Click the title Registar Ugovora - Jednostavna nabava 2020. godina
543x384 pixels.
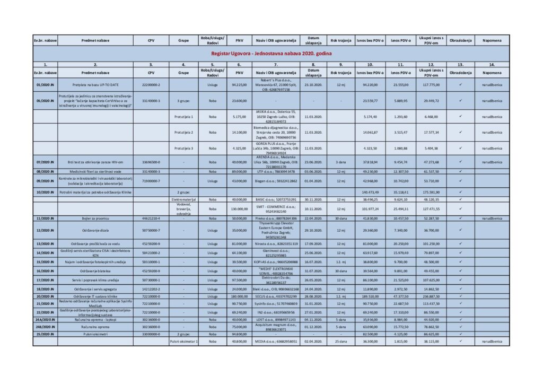(271, 54)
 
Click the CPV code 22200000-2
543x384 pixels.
(151, 84)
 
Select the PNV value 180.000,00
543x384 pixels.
(239, 296)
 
